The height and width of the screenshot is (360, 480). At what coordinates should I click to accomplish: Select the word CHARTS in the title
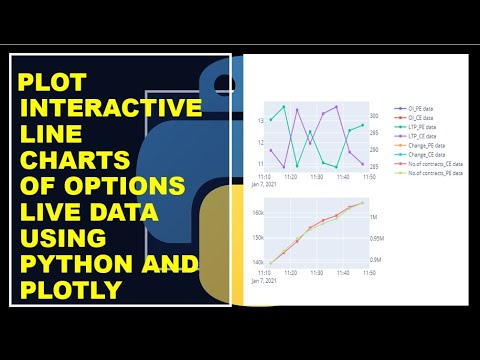(79, 160)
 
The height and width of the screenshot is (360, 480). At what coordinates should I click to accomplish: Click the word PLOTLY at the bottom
(73, 289)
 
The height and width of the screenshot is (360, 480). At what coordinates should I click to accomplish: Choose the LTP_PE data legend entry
(421, 126)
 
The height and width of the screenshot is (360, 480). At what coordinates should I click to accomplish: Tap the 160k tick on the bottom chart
(258, 213)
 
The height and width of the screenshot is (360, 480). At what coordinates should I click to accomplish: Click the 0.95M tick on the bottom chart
(377, 239)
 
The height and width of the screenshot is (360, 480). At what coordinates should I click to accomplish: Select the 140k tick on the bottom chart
(258, 262)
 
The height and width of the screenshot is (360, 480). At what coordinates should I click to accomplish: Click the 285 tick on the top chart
(374, 166)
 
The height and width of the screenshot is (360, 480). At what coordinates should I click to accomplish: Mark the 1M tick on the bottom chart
(374, 217)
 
